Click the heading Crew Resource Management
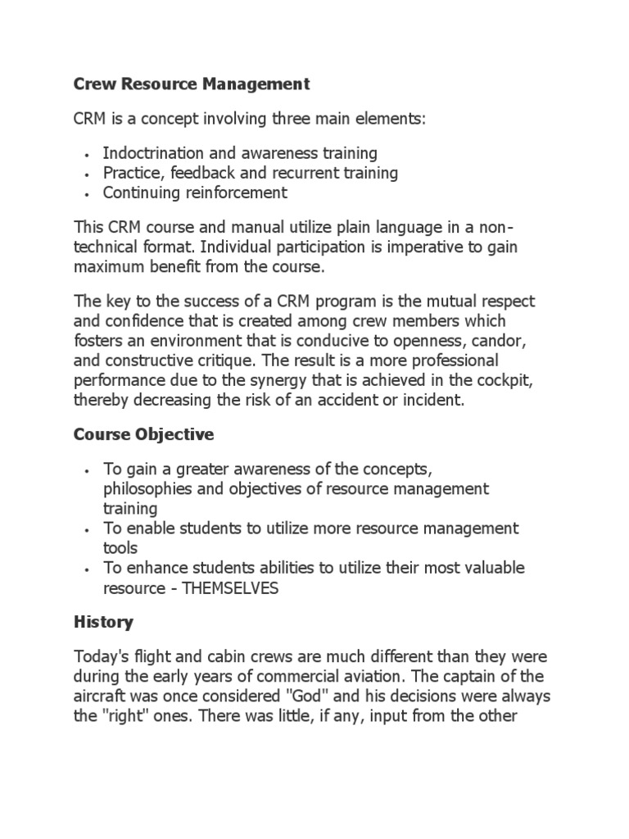pyautogui.click(x=192, y=84)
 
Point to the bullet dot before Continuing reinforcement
pyautogui.click(x=87, y=194)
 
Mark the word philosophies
pyautogui.click(x=147, y=489)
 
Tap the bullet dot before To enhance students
pyautogui.click(x=87, y=569)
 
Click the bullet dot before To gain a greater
pyautogui.click(x=87, y=469)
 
